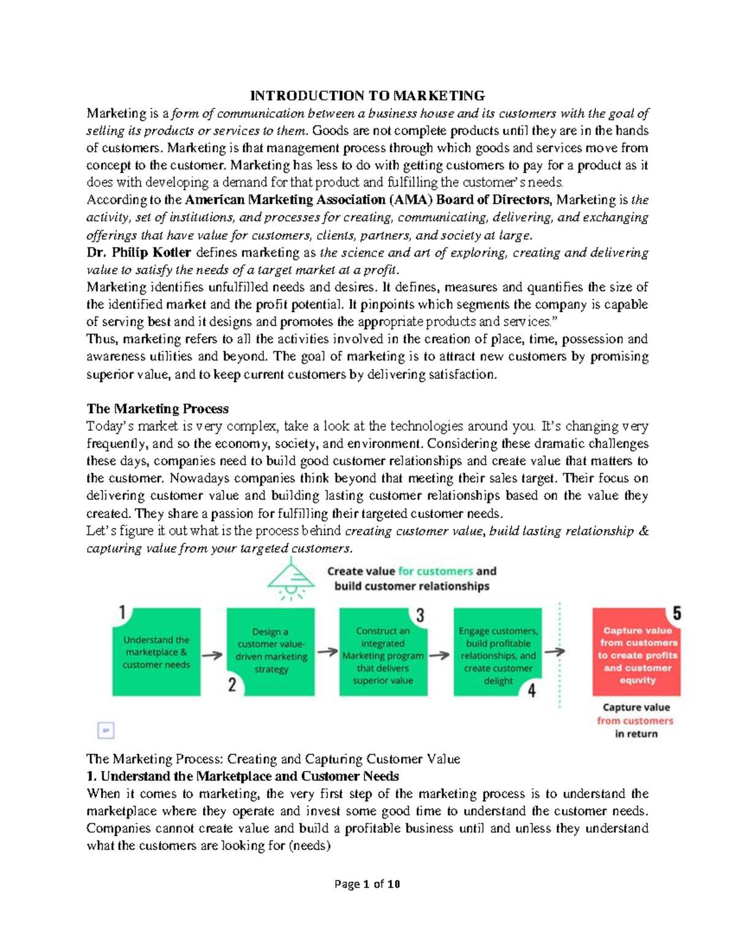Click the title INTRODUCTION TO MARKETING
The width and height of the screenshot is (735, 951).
pos(367,96)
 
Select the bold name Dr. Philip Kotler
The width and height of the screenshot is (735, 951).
pos(139,252)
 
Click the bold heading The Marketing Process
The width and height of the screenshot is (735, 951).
pos(157,408)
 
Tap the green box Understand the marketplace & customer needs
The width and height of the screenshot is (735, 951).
pos(156,652)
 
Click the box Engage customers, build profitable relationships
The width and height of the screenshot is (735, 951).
pos(497,652)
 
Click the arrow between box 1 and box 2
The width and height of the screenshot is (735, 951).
pos(213,655)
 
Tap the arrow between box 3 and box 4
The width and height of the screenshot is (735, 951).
pos(439,655)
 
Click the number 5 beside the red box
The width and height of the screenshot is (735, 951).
pos(677,613)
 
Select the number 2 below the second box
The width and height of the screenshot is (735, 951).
pos(232,685)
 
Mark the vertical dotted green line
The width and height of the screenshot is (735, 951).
pos(560,655)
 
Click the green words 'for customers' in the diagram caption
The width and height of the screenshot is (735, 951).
pos(435,571)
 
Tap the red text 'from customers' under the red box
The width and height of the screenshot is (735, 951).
pos(635,721)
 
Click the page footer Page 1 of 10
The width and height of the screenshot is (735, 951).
pos(367,884)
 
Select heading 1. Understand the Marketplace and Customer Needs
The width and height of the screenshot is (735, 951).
pos(243,776)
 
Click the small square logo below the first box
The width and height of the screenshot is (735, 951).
pos(106,730)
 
